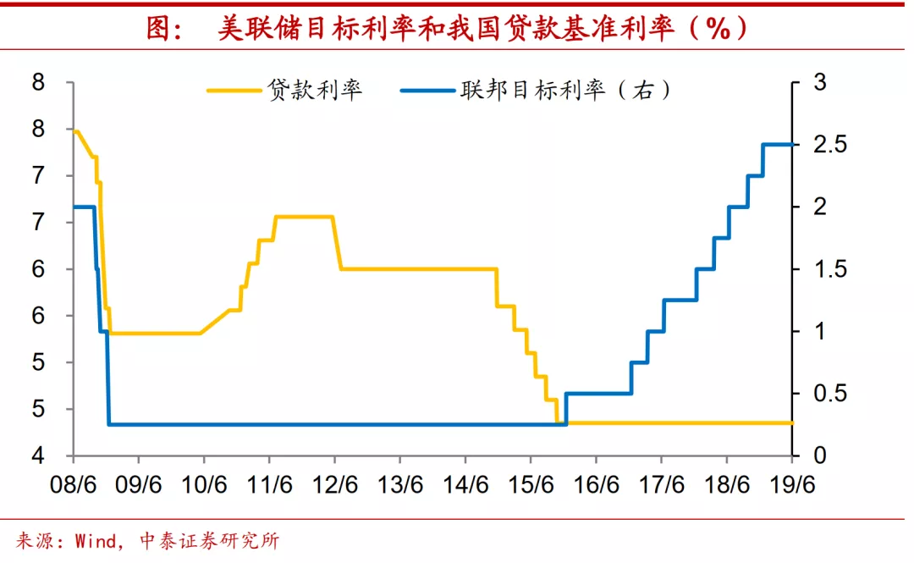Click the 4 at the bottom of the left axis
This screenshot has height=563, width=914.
[38, 456]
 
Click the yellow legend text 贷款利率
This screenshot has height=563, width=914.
[315, 90]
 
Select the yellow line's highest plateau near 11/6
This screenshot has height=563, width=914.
[302, 217]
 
